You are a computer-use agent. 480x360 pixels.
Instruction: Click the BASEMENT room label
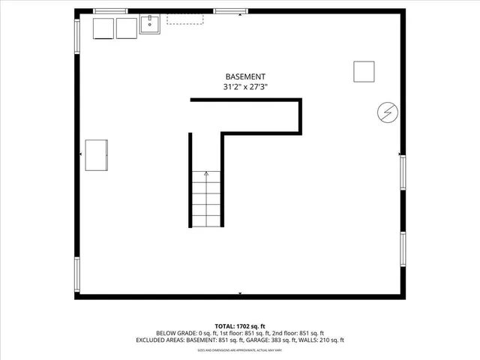coord(245,76)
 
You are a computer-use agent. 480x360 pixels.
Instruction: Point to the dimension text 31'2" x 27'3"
coord(245,87)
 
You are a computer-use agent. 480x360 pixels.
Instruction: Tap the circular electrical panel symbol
coord(387,112)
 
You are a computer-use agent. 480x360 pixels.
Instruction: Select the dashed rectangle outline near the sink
coord(184,19)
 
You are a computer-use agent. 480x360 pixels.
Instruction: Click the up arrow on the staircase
coord(206,174)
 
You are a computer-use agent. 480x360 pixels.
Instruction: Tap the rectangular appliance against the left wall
coord(97,154)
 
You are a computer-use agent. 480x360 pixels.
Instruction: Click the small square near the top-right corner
coord(364,70)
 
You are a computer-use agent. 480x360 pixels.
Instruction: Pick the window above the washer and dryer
coord(110,10)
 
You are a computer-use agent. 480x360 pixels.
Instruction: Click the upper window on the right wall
coord(403,172)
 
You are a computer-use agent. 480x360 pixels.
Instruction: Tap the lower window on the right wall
coord(403,250)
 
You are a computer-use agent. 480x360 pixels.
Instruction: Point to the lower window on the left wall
coord(76,275)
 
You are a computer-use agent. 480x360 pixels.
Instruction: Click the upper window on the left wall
coord(76,35)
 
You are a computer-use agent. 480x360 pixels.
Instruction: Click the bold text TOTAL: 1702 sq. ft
coord(239,325)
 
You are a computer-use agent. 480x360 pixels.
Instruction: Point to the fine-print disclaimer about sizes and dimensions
coord(239,350)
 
